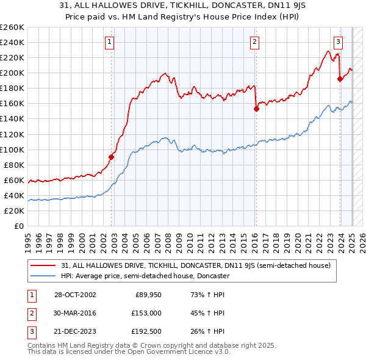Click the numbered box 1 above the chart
tap(109, 42)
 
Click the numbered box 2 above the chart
tap(254, 42)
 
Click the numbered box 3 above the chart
tap(338, 42)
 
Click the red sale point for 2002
tap(112, 157)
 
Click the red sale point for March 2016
tap(256, 109)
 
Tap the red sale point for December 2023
tap(340, 79)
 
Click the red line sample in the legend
tap(43, 266)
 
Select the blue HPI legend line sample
tap(43, 276)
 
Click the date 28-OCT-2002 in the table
tap(74, 295)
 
